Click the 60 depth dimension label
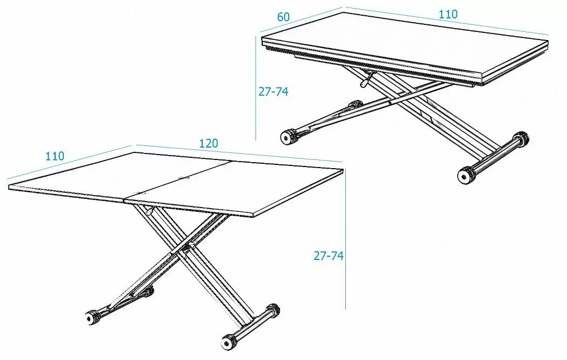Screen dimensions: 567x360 pyautogui.click(x=283, y=17)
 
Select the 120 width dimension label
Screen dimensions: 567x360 pyautogui.click(x=209, y=143)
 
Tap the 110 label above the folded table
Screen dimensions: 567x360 pyautogui.click(x=448, y=14)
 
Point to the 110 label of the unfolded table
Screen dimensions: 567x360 pyautogui.click(x=55, y=156)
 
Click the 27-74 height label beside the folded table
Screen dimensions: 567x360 pyautogui.click(x=274, y=92)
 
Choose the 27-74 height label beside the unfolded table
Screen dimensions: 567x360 pyautogui.click(x=328, y=256)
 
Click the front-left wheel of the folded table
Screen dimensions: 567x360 pyautogui.click(x=288, y=137)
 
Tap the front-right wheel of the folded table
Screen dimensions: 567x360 pyautogui.click(x=466, y=176)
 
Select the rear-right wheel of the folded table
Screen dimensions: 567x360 pyautogui.click(x=521, y=138)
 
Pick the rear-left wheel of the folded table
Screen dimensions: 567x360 pyautogui.click(x=355, y=105)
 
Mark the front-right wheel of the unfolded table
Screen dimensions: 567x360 pyautogui.click(x=229, y=341)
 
